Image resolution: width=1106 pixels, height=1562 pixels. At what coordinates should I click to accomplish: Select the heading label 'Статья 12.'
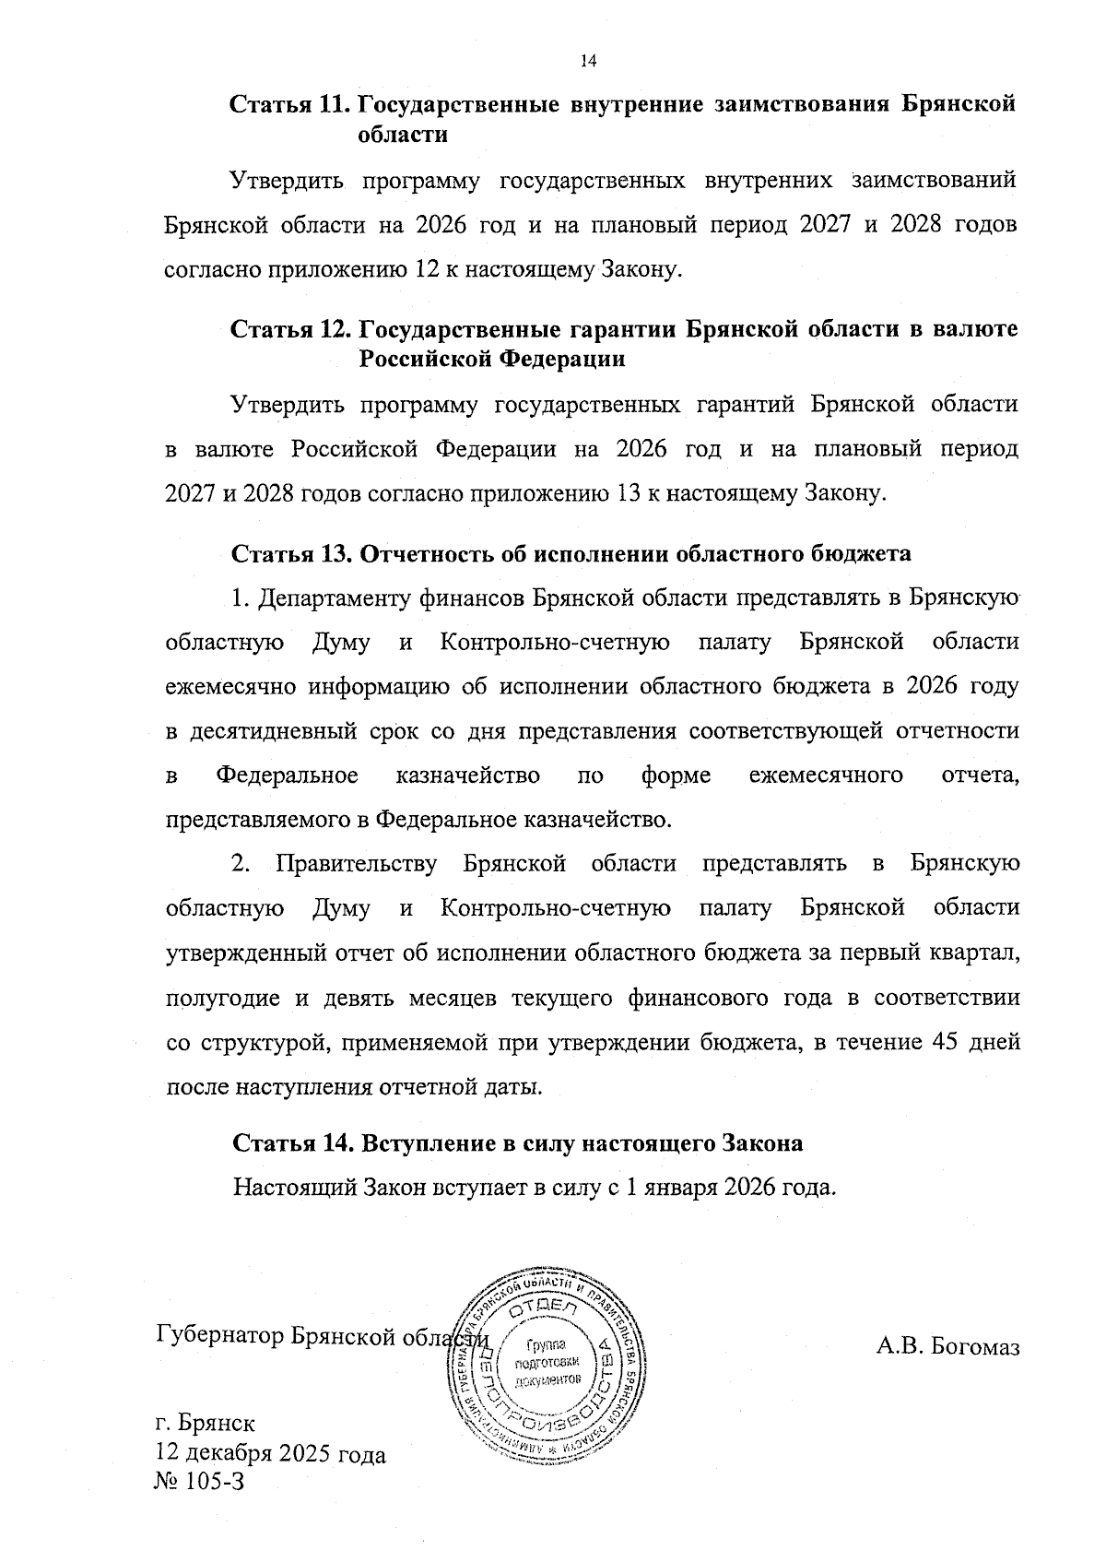point(289,329)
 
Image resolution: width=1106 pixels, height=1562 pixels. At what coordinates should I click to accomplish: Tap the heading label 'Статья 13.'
point(289,553)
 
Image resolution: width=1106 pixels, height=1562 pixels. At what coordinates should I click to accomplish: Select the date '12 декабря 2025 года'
point(271,1455)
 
